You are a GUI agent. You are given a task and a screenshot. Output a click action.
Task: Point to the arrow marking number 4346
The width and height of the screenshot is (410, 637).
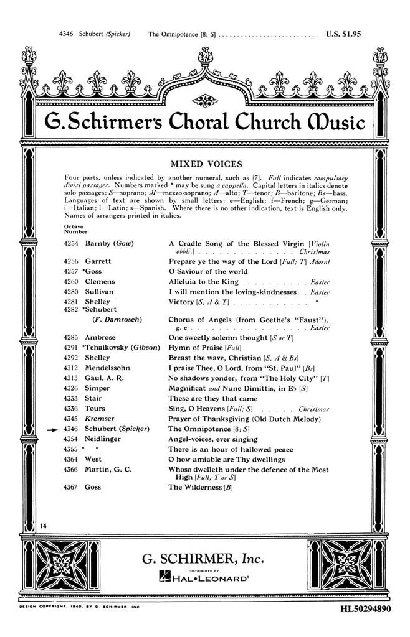pos(52,429)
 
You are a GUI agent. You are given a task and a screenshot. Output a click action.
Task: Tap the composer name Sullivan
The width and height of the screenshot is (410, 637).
pos(98,291)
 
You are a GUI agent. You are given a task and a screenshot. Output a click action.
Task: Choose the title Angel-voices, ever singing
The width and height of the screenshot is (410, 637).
pos(213,439)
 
